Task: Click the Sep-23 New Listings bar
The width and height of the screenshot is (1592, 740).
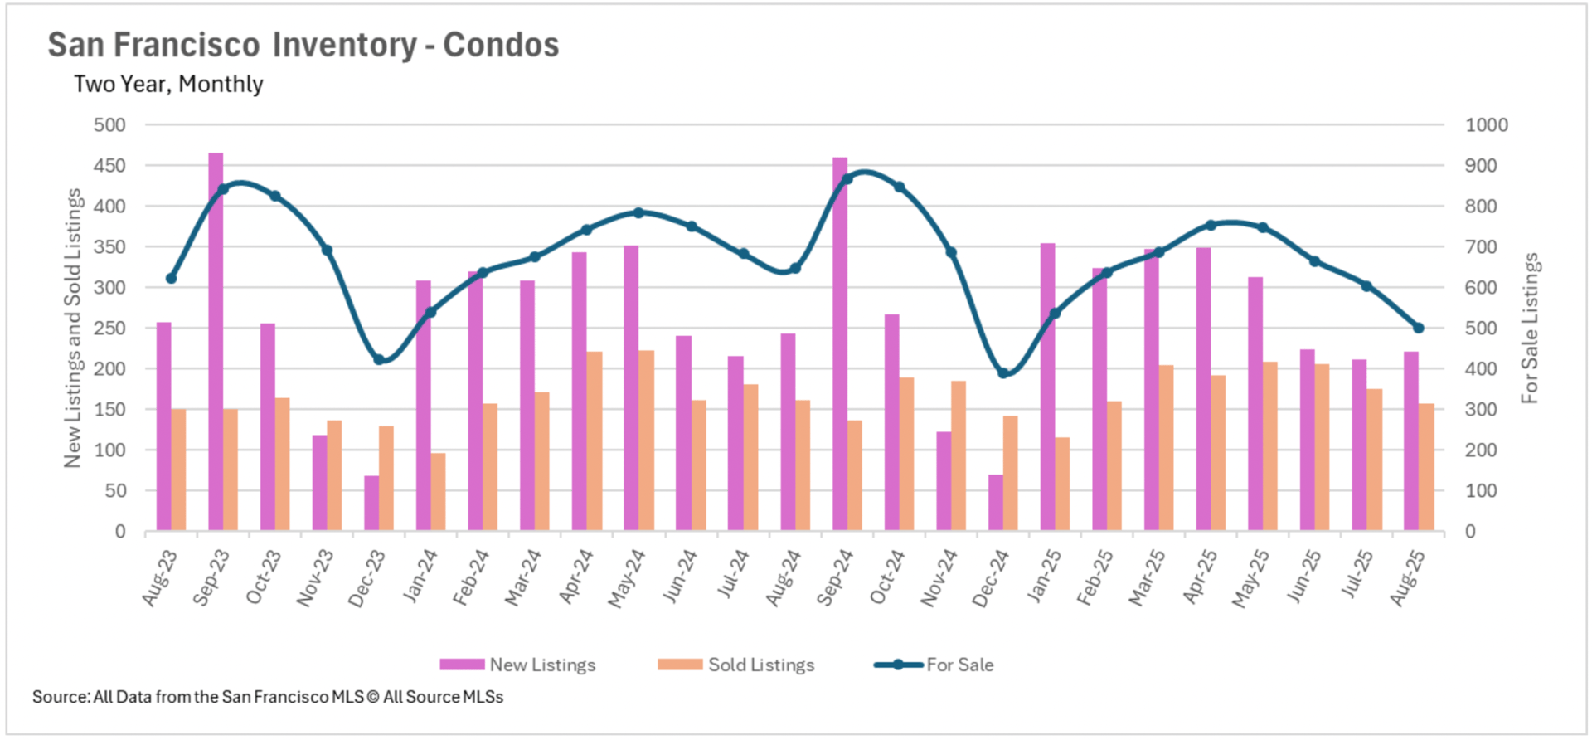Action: point(216,342)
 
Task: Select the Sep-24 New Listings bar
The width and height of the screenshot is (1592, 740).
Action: point(840,343)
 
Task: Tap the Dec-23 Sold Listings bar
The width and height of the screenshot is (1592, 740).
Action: point(386,478)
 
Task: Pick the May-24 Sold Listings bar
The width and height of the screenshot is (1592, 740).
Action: point(647,441)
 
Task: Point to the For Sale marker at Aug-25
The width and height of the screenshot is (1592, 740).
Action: point(1418,328)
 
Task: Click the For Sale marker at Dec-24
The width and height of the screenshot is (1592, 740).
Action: point(1003,373)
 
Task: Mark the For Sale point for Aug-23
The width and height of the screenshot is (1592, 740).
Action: point(172,279)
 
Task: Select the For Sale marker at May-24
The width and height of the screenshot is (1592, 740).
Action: point(638,213)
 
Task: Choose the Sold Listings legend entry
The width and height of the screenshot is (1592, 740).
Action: point(736,665)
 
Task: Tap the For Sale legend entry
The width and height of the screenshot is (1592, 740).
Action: point(934,665)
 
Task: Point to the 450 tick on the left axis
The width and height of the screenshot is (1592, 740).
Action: point(109,166)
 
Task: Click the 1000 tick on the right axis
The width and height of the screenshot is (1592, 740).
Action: point(1486,125)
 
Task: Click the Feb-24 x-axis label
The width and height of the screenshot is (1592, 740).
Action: point(473,579)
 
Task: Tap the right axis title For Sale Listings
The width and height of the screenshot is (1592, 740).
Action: point(1530,328)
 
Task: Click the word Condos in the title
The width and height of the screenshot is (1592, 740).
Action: point(501,45)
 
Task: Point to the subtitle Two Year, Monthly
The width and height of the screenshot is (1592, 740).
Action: point(168,85)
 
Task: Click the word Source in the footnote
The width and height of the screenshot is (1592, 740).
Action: point(60,697)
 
